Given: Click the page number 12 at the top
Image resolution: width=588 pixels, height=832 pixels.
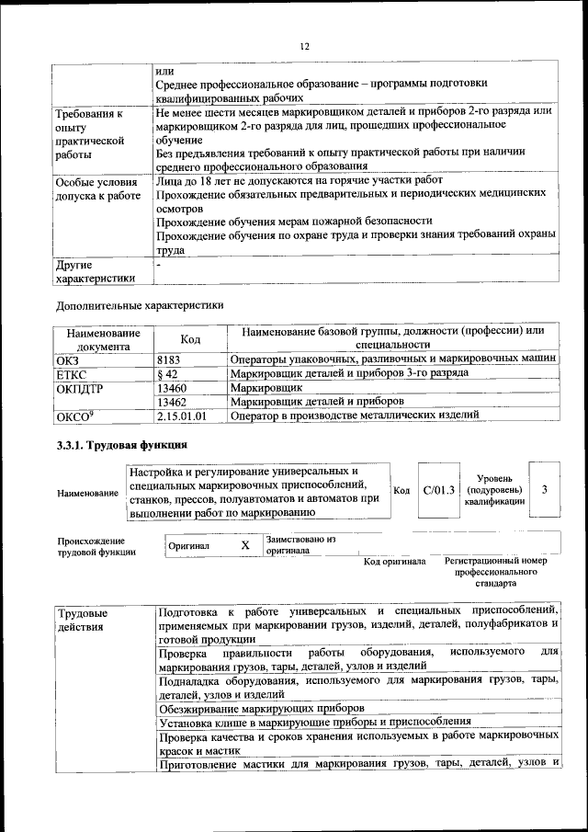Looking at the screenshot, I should [x=305, y=47].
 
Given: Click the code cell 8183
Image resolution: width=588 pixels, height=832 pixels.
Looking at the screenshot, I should [x=171, y=359].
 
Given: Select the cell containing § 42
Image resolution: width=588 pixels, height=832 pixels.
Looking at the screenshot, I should [x=168, y=373].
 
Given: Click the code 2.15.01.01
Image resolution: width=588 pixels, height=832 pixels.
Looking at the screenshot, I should [x=182, y=416].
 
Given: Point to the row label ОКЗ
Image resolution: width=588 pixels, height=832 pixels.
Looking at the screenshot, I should [x=69, y=359].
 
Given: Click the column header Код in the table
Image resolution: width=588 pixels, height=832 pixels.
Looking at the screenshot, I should [x=189, y=339].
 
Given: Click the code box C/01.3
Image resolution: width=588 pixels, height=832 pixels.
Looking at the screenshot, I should [x=439, y=490].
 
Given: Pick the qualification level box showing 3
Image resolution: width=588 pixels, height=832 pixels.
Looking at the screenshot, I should [x=544, y=489].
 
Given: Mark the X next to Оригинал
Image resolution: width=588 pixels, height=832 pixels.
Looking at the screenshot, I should [x=244, y=545].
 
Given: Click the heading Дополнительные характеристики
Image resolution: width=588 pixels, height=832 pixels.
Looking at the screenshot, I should [x=139, y=304].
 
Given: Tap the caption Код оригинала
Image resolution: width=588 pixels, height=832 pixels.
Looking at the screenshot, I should [x=394, y=561].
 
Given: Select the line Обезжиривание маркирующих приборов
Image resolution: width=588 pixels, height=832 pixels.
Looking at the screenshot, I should [x=261, y=708].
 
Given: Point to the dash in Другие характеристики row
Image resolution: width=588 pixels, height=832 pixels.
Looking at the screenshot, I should [x=159, y=265].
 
